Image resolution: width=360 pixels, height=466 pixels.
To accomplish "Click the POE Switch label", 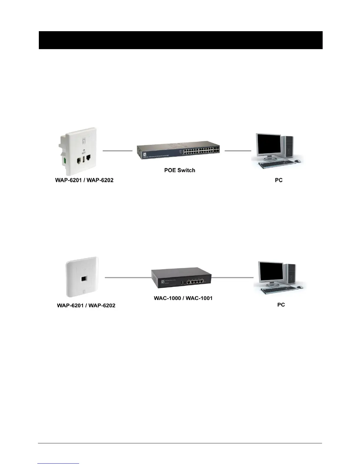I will pyautogui.click(x=179, y=170).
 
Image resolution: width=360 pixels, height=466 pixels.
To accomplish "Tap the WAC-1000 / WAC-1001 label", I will pyautogui.click(x=183, y=298).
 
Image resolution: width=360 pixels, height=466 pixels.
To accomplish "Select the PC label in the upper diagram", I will pyautogui.click(x=279, y=180).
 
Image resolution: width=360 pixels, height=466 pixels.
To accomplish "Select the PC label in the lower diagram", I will pyautogui.click(x=281, y=305).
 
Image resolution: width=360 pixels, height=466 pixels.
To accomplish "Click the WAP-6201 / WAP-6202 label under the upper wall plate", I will pyautogui.click(x=84, y=180).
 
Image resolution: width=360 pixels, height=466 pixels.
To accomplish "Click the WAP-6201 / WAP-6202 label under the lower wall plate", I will pyautogui.click(x=86, y=305).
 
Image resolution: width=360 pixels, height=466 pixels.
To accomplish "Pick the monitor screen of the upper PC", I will pyautogui.click(x=268, y=146).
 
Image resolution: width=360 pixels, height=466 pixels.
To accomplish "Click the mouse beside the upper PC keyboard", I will pyautogui.click(x=297, y=161).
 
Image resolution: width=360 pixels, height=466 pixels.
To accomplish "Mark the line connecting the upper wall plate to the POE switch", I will pyautogui.click(x=117, y=151).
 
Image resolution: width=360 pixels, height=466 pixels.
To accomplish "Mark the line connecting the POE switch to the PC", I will pyautogui.click(x=238, y=151).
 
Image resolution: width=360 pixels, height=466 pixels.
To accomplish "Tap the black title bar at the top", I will pyautogui.click(x=181, y=40).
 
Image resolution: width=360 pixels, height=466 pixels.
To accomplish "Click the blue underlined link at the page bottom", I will pyautogui.click(x=59, y=463).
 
